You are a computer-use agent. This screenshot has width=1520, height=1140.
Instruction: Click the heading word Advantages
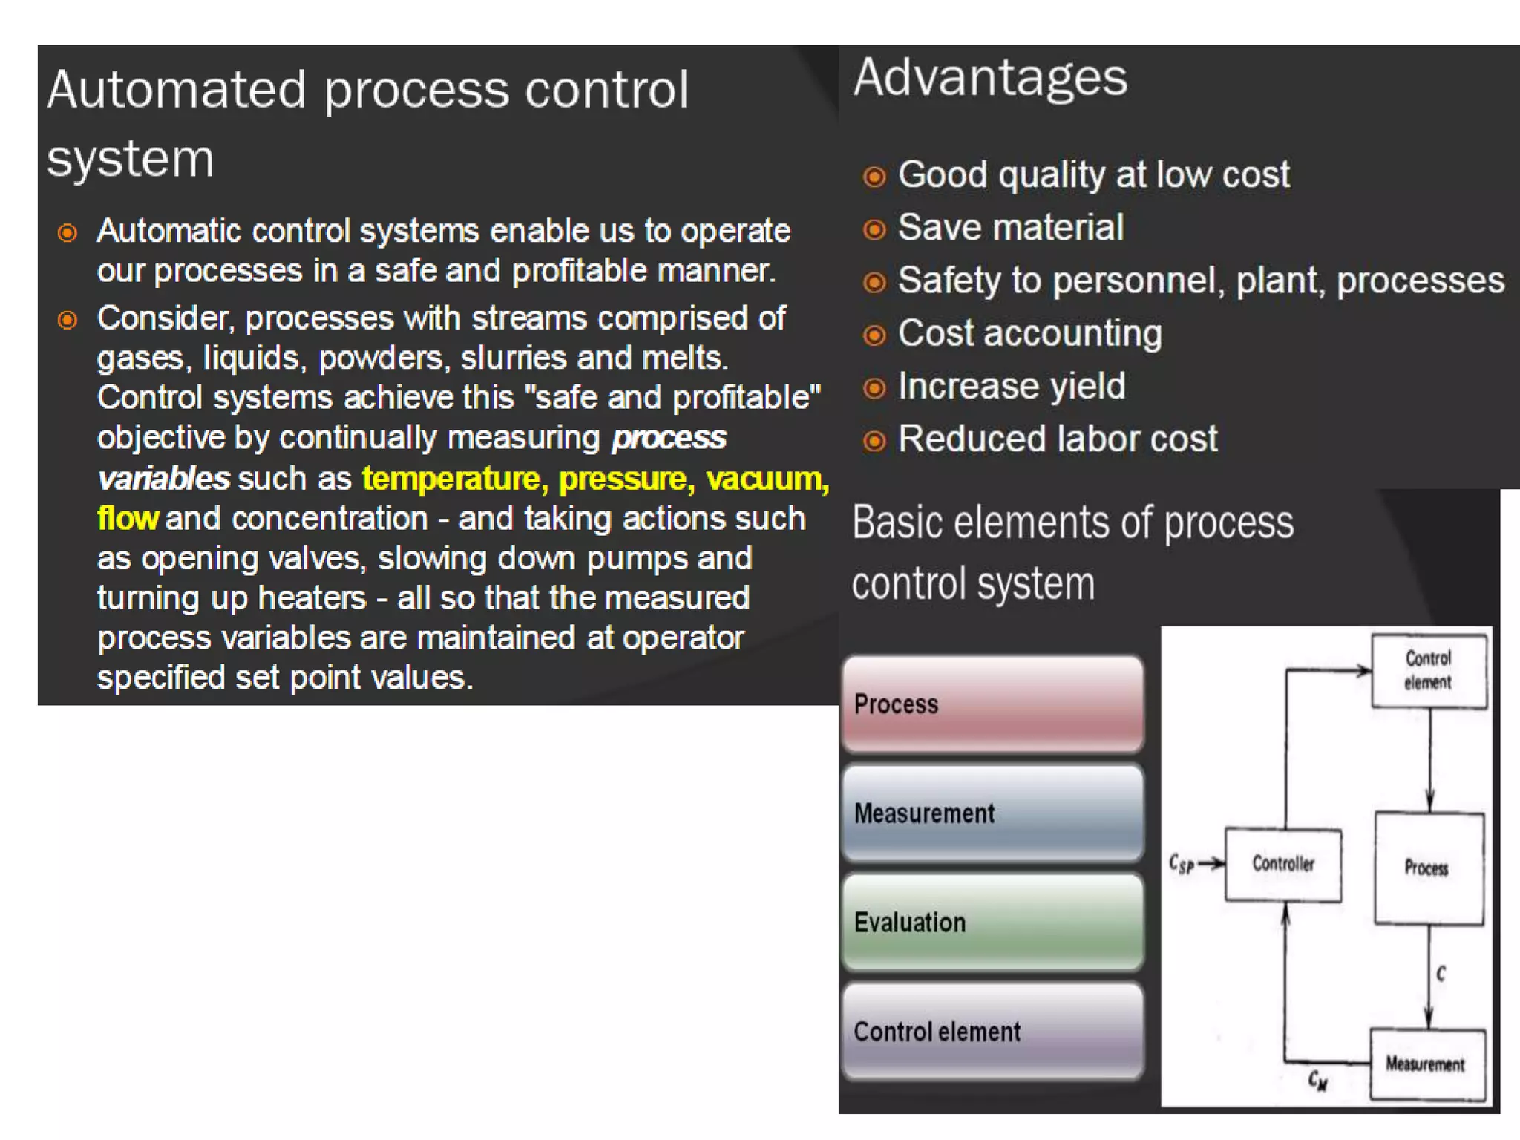click(989, 78)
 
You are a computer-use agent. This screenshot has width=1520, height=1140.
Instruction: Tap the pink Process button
click(992, 704)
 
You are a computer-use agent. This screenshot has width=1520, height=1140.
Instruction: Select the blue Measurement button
click(992, 813)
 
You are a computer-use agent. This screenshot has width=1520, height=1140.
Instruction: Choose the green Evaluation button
click(992, 922)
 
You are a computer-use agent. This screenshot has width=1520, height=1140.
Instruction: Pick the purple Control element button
click(992, 1031)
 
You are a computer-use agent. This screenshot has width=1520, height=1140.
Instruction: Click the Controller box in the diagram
click(1282, 864)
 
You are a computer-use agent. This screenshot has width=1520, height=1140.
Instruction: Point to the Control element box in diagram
click(1428, 670)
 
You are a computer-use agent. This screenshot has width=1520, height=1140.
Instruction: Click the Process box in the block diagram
click(1428, 868)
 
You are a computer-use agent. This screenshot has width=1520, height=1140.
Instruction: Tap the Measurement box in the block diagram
click(1426, 1064)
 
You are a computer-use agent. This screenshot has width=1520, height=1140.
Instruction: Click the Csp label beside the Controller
click(1181, 864)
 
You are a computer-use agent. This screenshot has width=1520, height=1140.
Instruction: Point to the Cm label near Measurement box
click(1317, 1081)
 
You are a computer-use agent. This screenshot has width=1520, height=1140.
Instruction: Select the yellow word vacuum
click(767, 479)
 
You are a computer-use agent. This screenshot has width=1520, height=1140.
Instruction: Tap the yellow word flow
click(128, 518)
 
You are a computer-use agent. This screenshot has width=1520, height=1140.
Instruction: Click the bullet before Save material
click(874, 229)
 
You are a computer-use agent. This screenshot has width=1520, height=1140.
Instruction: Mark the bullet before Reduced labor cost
click(874, 441)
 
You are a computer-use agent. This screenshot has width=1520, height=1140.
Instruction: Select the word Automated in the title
click(177, 90)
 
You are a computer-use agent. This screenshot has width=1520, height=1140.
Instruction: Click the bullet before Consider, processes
click(68, 320)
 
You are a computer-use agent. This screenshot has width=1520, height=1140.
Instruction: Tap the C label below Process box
click(1441, 973)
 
